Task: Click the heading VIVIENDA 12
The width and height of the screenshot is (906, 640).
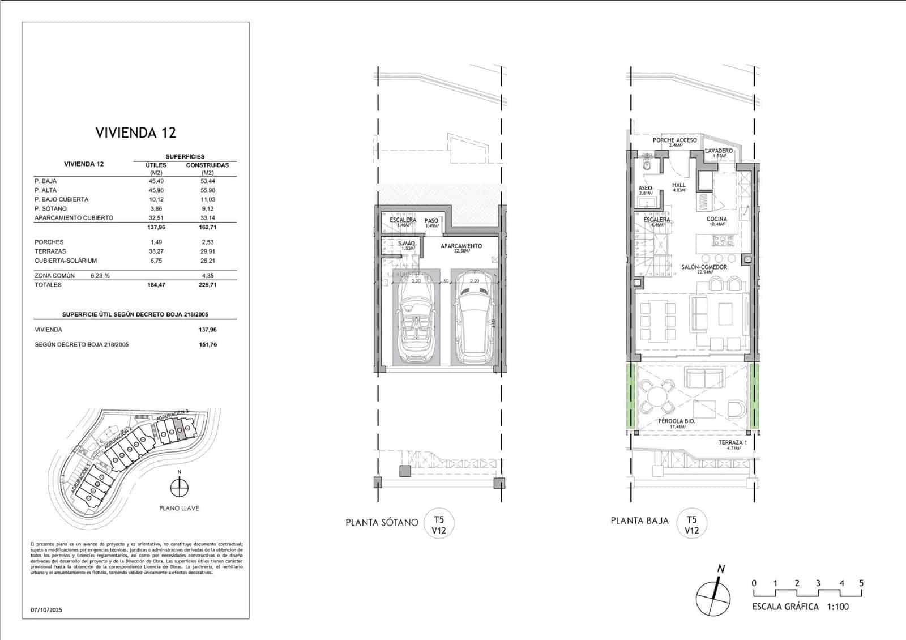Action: click(x=136, y=133)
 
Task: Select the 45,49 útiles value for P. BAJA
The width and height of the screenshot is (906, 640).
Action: click(x=156, y=181)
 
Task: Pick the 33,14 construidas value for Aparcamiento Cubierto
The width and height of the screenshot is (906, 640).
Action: click(x=207, y=218)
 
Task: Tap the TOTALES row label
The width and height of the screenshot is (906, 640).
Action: click(x=48, y=285)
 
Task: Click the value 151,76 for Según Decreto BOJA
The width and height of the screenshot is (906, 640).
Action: click(x=207, y=345)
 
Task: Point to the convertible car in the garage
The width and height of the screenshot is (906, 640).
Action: click(x=417, y=320)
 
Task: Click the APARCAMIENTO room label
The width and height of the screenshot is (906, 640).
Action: click(x=461, y=246)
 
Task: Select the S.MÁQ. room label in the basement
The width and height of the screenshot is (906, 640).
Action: click(x=407, y=244)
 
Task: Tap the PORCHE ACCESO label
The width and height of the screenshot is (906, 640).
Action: click(x=674, y=140)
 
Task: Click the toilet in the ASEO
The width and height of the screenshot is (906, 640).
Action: click(x=647, y=165)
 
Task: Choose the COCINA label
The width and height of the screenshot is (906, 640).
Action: click(x=716, y=220)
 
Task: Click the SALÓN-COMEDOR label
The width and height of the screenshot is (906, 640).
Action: click(x=704, y=267)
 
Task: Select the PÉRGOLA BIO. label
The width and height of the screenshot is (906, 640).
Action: click(x=676, y=421)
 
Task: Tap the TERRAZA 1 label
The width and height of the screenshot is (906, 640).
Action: click(x=733, y=443)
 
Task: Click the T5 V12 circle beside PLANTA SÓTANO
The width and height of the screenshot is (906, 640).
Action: click(x=439, y=524)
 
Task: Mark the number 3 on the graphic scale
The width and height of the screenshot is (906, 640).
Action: click(x=818, y=583)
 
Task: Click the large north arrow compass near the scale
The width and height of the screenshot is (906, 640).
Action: click(x=713, y=599)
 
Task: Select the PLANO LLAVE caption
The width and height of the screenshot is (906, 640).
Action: click(x=179, y=509)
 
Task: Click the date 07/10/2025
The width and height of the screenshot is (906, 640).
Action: click(x=46, y=610)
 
